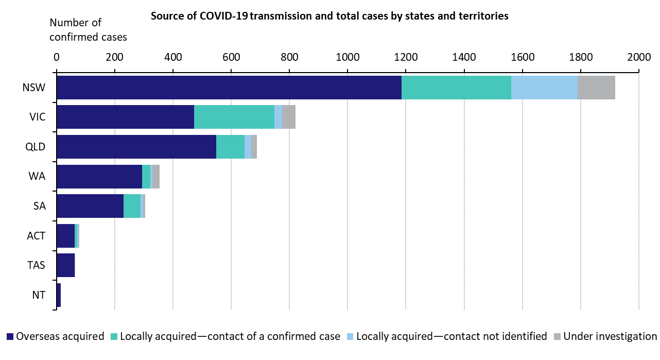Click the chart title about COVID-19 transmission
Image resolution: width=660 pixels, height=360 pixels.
(329, 16)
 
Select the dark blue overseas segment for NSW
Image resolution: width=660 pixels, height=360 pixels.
(229, 88)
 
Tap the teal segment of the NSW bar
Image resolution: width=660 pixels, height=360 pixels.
(456, 88)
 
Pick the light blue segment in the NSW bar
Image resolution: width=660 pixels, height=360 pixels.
(544, 88)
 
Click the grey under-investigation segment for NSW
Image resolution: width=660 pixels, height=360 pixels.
(596, 88)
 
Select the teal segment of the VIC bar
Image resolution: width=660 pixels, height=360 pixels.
(234, 117)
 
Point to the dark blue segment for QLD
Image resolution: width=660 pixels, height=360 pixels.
(136, 147)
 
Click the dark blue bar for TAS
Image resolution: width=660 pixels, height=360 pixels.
(65, 265)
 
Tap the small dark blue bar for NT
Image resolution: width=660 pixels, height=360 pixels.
(59, 295)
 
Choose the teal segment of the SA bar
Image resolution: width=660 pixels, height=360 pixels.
(132, 206)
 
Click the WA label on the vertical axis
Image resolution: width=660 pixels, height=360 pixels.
(38, 176)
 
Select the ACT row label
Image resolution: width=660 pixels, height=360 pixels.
(36, 236)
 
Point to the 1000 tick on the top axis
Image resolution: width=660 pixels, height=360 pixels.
(348, 57)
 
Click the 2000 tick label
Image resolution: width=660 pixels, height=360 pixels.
(638, 57)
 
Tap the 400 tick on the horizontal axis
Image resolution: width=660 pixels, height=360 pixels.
(173, 57)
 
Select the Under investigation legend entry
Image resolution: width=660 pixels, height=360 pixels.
(605, 337)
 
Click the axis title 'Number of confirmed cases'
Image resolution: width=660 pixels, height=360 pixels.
(88, 30)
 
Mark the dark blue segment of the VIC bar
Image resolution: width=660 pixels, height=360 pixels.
(125, 117)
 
